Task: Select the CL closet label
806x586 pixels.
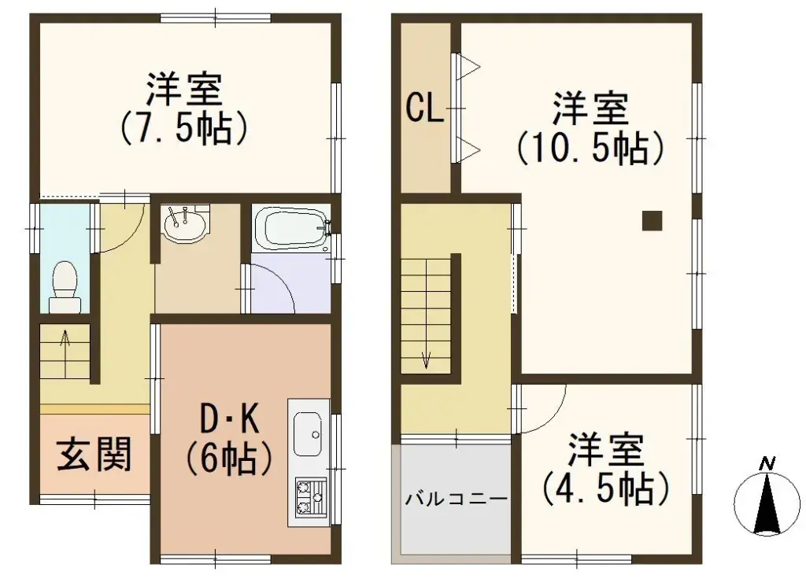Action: (424, 109)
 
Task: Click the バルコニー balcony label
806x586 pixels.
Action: (456, 498)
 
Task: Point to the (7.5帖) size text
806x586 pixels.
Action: (185, 128)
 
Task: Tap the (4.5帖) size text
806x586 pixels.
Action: (605, 488)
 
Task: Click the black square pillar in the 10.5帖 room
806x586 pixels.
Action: (652, 221)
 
